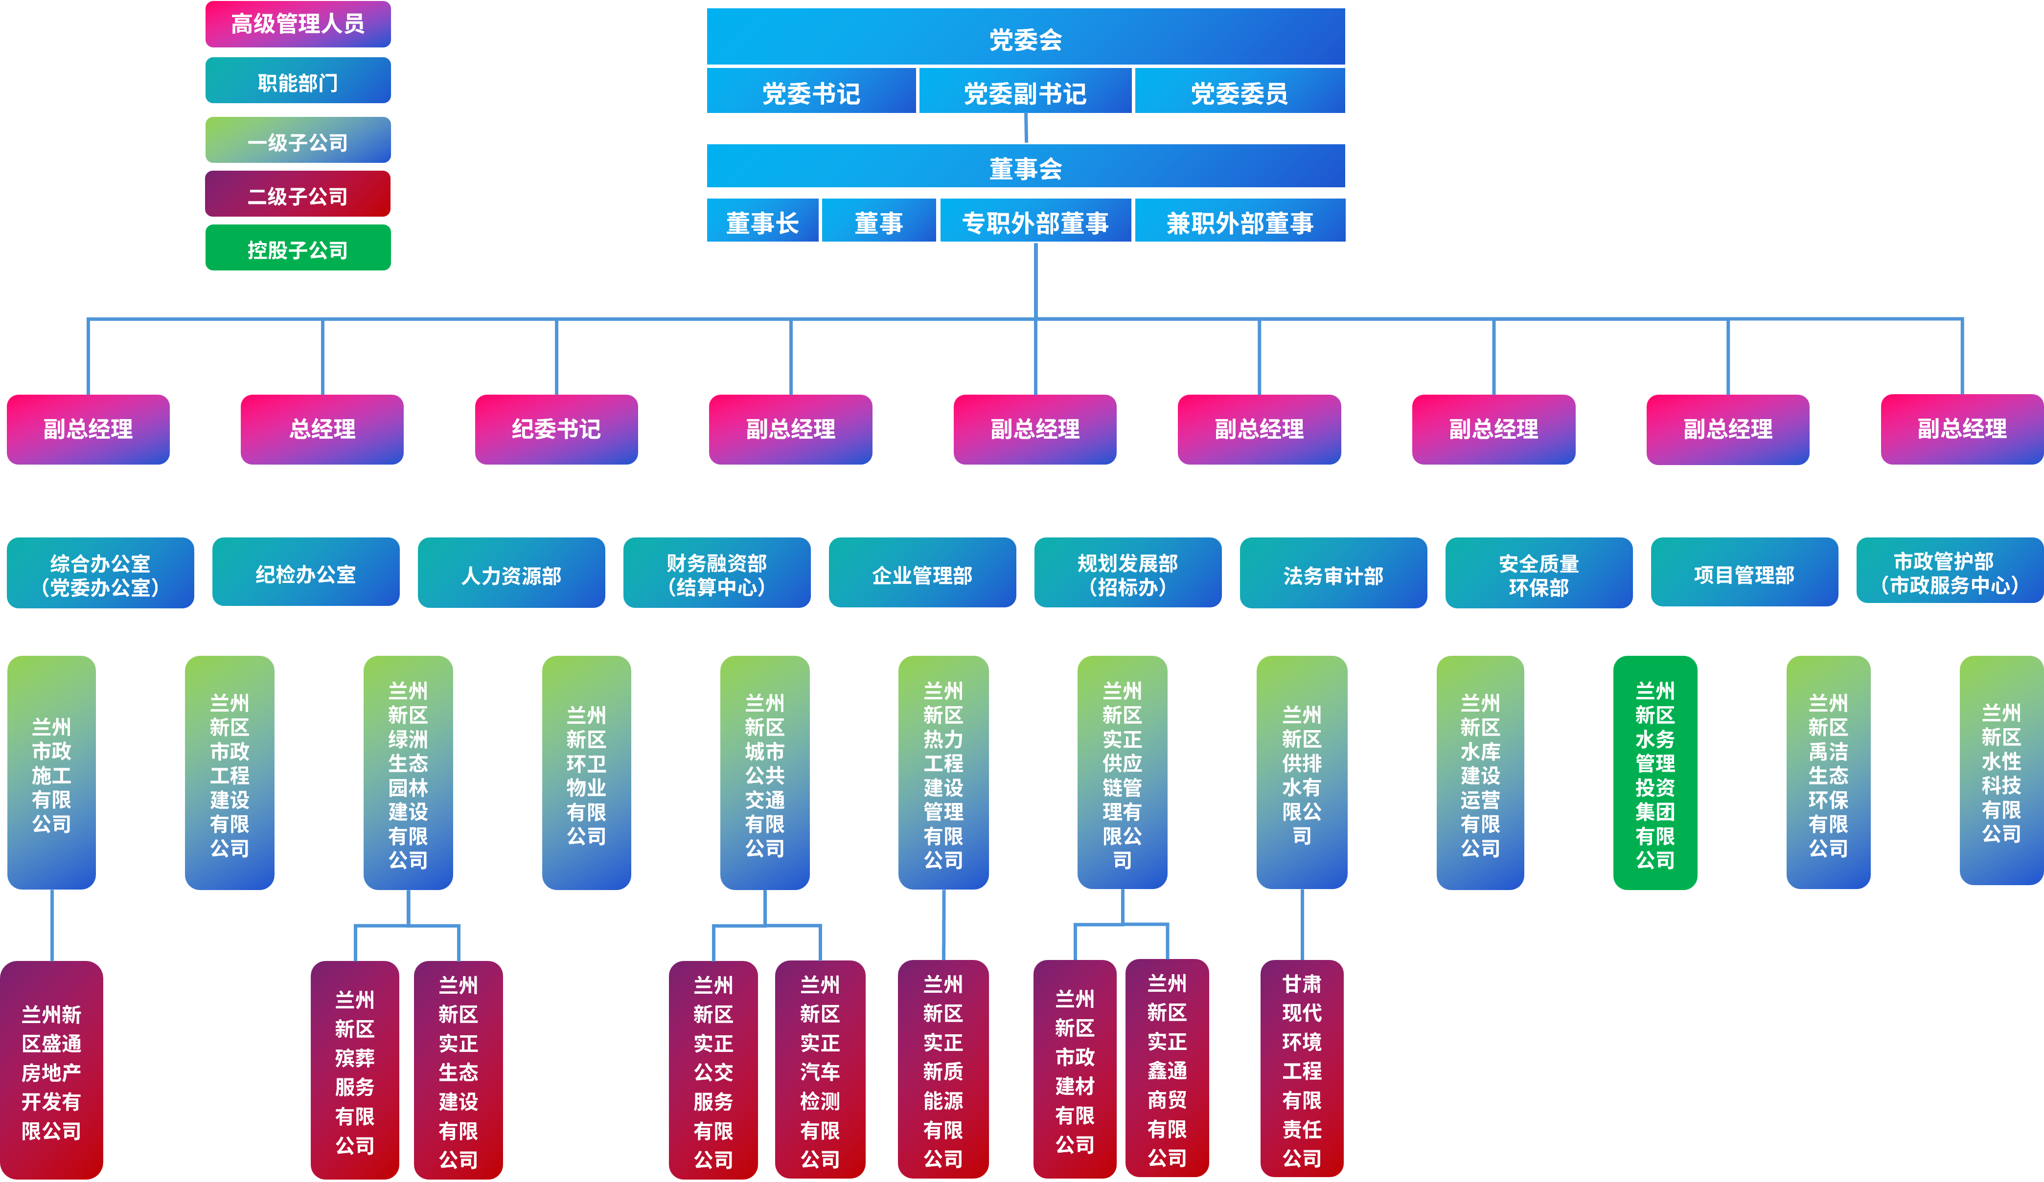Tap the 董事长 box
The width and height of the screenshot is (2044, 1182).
tap(762, 222)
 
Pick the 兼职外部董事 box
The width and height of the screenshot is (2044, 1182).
tap(1240, 222)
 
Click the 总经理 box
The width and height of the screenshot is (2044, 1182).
tap(322, 429)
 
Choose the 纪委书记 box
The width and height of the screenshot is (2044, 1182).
tap(556, 429)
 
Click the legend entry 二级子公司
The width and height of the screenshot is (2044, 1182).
tap(298, 195)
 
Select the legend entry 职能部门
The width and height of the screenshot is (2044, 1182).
tap(298, 81)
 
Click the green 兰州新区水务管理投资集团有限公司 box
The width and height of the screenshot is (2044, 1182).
tap(1654, 773)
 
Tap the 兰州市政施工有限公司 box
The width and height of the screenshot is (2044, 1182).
tap(51, 773)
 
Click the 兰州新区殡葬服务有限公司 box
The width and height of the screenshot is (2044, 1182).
tap(354, 1070)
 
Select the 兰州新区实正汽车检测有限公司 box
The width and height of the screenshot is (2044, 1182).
tap(820, 1070)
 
